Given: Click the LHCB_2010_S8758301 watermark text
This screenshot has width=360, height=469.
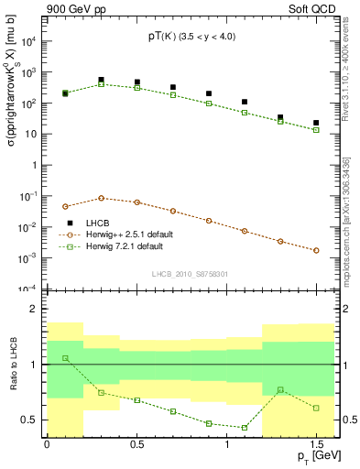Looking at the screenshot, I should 191,274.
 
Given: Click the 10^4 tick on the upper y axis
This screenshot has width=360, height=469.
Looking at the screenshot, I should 30,42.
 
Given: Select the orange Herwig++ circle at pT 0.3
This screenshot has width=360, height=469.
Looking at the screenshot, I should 101,198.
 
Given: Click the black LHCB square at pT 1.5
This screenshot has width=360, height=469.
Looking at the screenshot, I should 316,123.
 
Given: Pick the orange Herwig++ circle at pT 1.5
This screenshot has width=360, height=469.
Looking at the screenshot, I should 316,250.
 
